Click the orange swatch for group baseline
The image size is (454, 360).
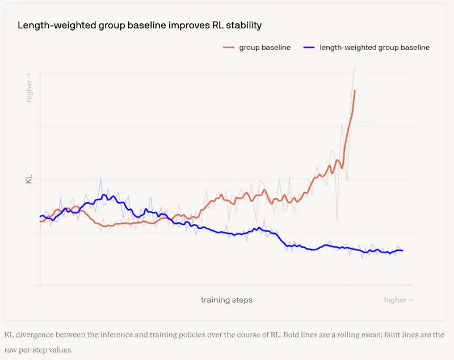click(229, 48)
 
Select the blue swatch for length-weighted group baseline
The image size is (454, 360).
click(309, 48)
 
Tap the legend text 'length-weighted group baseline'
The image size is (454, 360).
click(375, 48)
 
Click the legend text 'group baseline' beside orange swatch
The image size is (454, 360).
click(265, 48)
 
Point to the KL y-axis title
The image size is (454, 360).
click(29, 179)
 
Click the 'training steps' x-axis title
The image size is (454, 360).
click(226, 300)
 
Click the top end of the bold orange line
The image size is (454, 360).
click(355, 91)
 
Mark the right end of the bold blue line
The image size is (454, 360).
click(402, 250)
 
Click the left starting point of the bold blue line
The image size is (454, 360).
click(40, 216)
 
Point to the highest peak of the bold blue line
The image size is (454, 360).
click(104, 195)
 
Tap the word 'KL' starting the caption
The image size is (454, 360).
click(9, 335)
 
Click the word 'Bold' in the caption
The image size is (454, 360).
click(291, 335)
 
